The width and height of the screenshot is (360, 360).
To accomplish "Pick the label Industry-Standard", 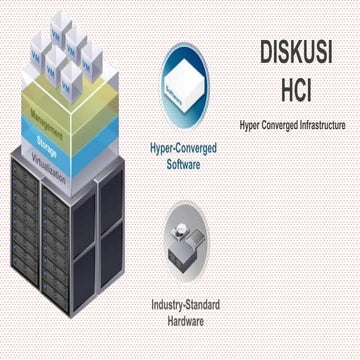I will pos(185,304).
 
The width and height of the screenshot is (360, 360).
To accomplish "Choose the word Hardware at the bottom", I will pos(185,320).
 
